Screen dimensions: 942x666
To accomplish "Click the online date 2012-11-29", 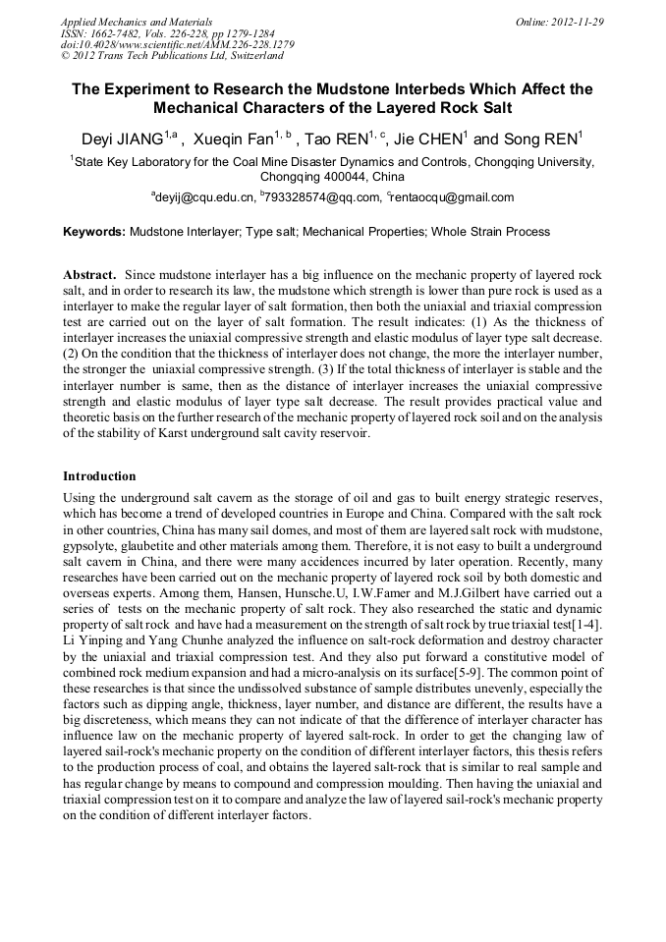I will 578,22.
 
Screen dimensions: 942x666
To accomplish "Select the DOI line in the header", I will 176,45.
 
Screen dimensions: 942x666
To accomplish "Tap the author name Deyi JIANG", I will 128,139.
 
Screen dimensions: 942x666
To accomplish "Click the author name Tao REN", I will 337,139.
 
